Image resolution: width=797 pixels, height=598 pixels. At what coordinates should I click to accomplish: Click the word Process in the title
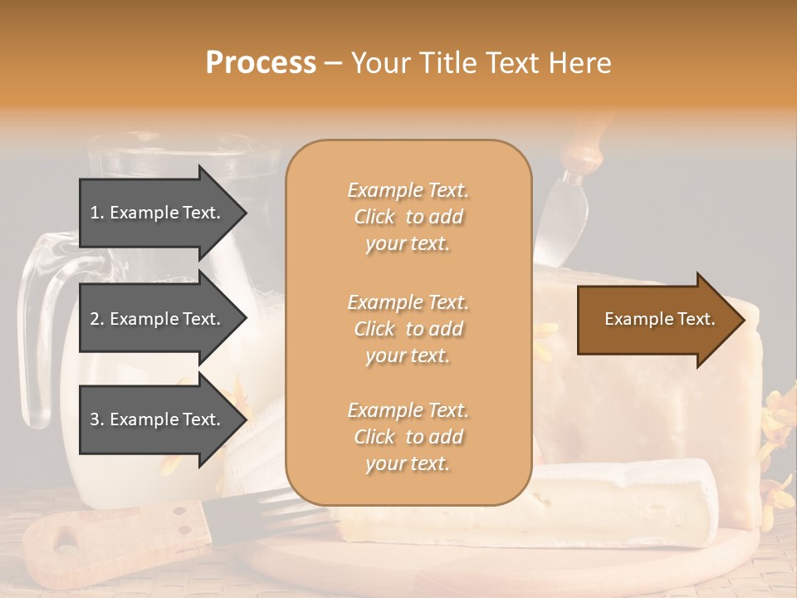(x=261, y=63)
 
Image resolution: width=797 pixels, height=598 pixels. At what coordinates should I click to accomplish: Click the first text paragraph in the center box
(x=408, y=217)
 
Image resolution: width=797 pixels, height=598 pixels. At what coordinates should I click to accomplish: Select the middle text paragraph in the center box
(x=408, y=329)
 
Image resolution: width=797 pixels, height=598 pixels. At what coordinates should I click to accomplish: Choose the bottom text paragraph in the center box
(x=408, y=437)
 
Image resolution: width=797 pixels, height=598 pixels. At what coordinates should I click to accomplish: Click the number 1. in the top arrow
(x=97, y=213)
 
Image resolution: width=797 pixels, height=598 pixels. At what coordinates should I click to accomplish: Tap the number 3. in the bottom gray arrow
(x=97, y=419)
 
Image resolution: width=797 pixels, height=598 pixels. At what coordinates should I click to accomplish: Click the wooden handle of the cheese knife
(x=581, y=145)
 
